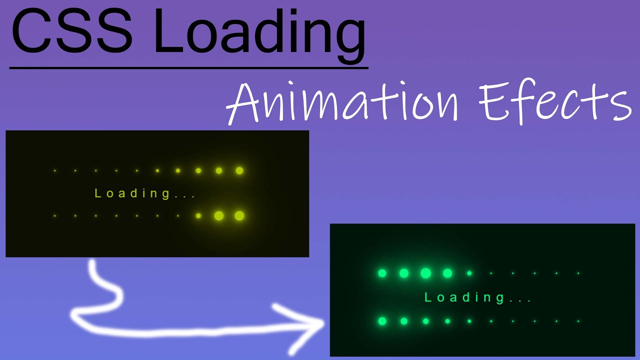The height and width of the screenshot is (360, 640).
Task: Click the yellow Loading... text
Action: pos(145,193)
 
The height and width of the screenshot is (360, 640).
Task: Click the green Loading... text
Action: pos(477,298)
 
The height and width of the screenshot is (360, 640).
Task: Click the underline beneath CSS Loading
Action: pos(189,67)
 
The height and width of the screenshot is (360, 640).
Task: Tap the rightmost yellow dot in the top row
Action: pos(239,170)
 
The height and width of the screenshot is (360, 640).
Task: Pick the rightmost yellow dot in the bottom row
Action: pos(239,215)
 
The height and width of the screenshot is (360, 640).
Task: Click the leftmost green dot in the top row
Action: pos(382,273)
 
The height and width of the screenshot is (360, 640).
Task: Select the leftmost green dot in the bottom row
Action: pos(382,321)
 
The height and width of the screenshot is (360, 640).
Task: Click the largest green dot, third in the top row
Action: pos(425,273)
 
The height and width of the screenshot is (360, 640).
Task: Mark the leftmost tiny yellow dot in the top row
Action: pos(54,170)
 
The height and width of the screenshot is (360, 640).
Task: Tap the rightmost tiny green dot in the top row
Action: pos(578,273)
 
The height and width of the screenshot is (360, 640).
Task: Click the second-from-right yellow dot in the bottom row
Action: pos(218,215)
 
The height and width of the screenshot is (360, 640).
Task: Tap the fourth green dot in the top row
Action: pos(447,273)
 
